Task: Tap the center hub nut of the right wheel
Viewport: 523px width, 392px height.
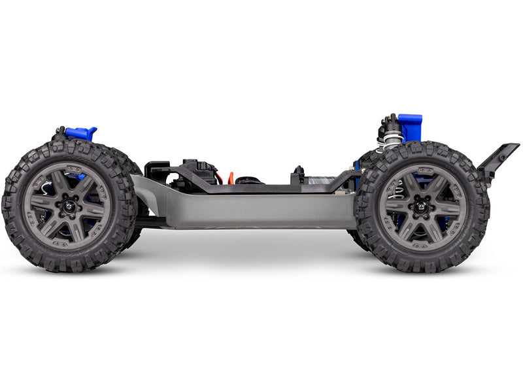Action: pos(422,208)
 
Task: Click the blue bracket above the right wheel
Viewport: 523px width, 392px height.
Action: pos(410,126)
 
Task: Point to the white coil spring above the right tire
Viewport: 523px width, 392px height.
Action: pos(392,140)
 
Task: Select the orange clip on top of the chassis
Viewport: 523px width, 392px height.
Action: pos(230,178)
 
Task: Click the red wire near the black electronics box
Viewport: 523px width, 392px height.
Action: pos(218,176)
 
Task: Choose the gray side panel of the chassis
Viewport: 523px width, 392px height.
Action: pos(248,210)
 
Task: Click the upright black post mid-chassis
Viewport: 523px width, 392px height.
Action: pos(299,174)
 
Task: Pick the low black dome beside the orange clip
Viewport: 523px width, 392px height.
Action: pos(248,180)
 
